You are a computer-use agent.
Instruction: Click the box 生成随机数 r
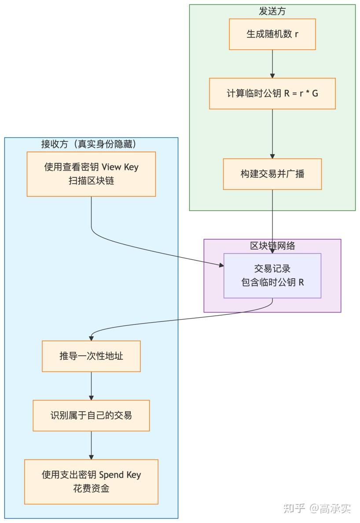[x=272, y=34]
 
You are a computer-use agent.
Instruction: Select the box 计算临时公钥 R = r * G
[x=272, y=93]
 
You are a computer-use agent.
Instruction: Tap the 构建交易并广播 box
[x=272, y=174]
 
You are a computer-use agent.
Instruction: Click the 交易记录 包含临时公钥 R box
[x=272, y=276]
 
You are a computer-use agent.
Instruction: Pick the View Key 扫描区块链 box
[x=91, y=174]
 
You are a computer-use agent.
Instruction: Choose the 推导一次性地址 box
[x=91, y=356]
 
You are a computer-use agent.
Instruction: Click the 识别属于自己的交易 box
[x=91, y=415]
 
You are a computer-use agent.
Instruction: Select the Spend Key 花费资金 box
[x=91, y=482]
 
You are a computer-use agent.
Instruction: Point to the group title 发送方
[x=272, y=11]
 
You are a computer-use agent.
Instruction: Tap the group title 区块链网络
[x=272, y=246]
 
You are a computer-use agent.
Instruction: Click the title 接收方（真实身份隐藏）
[x=91, y=144]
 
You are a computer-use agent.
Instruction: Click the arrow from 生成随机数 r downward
[x=272, y=63]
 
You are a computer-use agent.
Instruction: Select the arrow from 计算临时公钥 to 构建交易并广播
[x=272, y=134]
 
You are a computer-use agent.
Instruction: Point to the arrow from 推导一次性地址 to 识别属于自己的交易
[x=91, y=386]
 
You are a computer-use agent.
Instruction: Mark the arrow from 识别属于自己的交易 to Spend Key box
[x=91, y=445]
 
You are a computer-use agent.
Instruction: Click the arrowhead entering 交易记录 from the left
[x=221, y=265]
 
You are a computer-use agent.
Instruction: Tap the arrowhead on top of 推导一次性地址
[x=91, y=338]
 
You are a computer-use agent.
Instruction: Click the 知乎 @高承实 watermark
[x=317, y=508]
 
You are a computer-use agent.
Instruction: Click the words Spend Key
[x=120, y=475]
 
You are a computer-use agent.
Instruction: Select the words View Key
[x=120, y=167]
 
